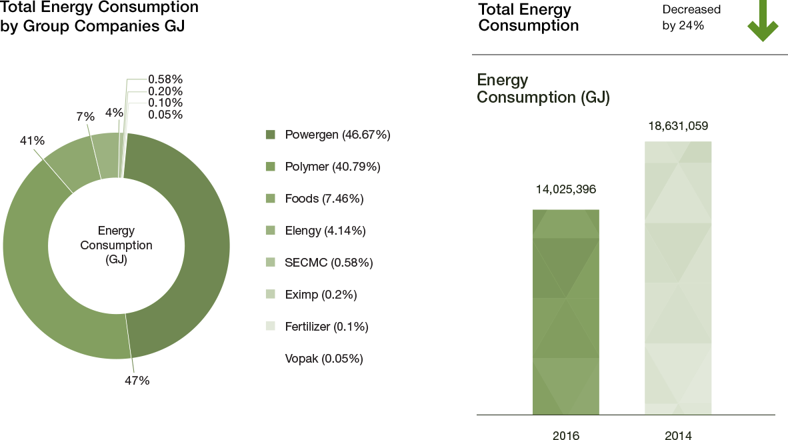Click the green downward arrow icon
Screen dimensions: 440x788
[763, 21]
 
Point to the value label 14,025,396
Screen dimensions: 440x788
[566, 190]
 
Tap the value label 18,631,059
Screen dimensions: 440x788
[678, 126]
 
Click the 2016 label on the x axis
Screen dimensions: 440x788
[566, 435]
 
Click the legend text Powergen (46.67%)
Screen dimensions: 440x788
[337, 135]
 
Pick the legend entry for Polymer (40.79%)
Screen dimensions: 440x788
[333, 167]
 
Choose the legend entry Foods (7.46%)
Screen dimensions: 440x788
[324, 199]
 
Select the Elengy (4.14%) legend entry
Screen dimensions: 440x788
[325, 231]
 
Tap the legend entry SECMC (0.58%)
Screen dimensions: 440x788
[329, 263]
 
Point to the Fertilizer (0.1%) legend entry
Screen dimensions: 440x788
[327, 327]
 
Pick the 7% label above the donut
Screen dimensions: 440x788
[85, 117]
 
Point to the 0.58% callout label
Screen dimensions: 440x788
[165, 79]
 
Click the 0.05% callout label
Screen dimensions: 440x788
[165, 115]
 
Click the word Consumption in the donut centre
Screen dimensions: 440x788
[116, 245]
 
